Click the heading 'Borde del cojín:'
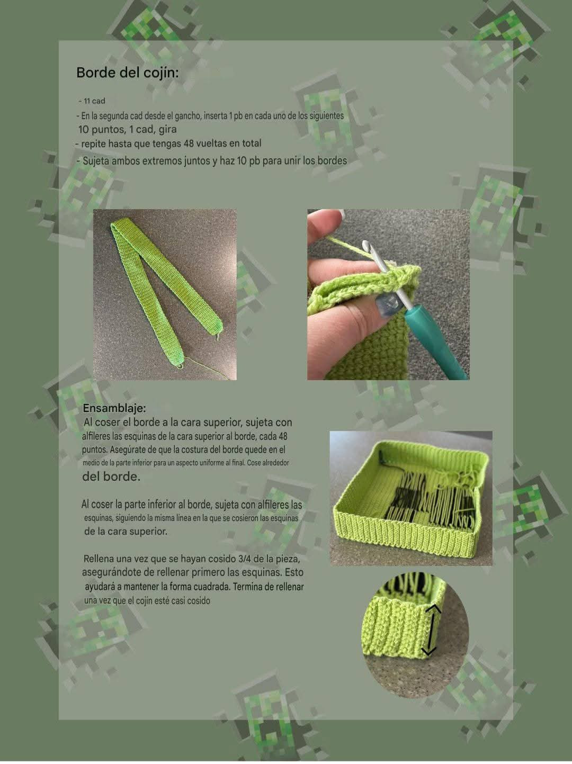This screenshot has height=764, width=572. point(127,73)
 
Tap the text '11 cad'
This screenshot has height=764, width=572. point(94,101)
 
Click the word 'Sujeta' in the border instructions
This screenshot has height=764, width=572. point(96,160)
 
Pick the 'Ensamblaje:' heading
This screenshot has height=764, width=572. point(114,408)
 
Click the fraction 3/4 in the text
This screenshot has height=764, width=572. point(247,559)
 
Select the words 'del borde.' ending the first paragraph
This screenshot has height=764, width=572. point(111,476)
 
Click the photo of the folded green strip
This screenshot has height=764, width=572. point(165,294)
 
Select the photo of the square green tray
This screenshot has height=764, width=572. point(411,498)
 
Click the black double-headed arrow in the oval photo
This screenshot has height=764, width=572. point(432,630)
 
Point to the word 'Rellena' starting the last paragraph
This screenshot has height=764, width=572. point(99,559)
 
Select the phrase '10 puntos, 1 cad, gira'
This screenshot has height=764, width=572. point(128,129)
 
